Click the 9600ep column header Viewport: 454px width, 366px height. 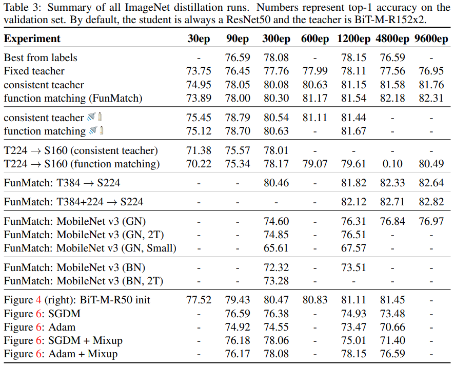(431, 39)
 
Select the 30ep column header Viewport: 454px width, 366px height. (198, 39)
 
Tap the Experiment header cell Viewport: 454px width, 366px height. (32, 39)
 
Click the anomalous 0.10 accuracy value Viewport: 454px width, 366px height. (392, 164)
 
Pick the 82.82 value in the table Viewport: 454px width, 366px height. (431, 202)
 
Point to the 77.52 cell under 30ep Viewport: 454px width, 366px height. (198, 300)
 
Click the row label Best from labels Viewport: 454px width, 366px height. (41, 58)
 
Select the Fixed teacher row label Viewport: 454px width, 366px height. (34, 71)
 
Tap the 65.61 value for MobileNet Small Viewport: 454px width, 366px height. (276, 248)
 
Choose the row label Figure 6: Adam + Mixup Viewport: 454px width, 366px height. (61, 354)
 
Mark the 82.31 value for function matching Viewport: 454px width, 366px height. (431, 98)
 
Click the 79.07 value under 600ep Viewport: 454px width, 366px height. (314, 164)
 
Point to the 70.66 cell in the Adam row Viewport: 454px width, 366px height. (392, 327)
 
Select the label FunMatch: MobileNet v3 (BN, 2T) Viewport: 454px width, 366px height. (84, 281)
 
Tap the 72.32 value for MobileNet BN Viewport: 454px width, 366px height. (276, 267)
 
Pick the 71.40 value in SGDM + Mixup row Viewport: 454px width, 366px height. (392, 340)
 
